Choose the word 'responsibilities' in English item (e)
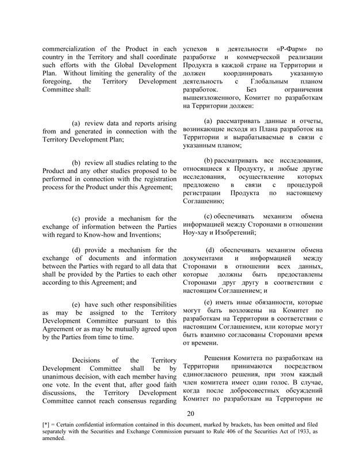pos(147,304)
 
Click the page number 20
pos(191,413)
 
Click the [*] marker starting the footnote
pos(46,425)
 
